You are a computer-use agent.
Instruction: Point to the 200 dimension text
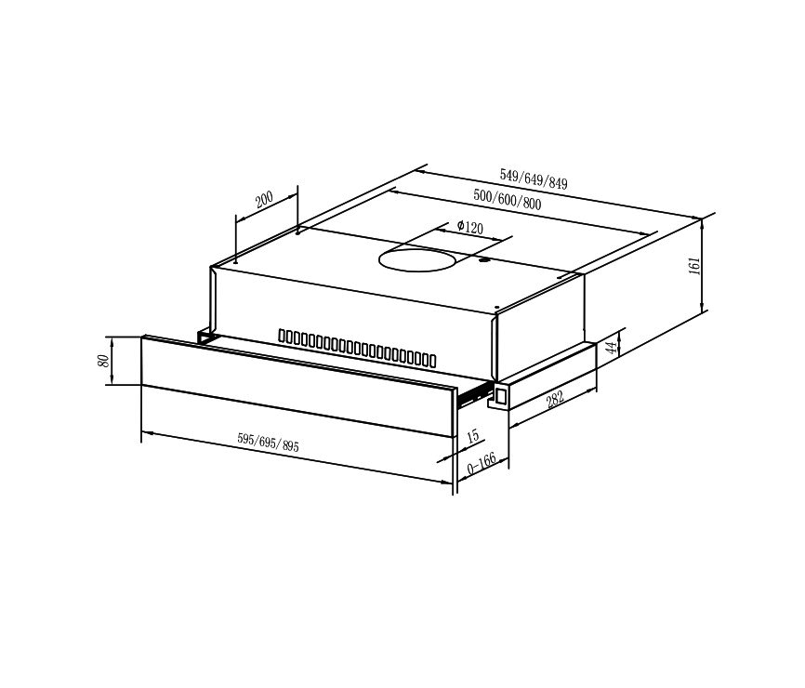(264, 200)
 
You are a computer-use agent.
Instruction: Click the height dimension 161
(693, 266)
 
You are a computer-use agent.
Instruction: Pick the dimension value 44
(612, 348)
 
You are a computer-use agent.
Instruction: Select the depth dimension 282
(555, 399)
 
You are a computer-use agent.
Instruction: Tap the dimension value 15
(473, 435)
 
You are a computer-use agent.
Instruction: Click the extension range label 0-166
(482, 462)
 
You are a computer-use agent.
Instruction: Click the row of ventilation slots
(357, 347)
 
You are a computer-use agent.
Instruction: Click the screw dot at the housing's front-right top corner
(497, 308)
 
